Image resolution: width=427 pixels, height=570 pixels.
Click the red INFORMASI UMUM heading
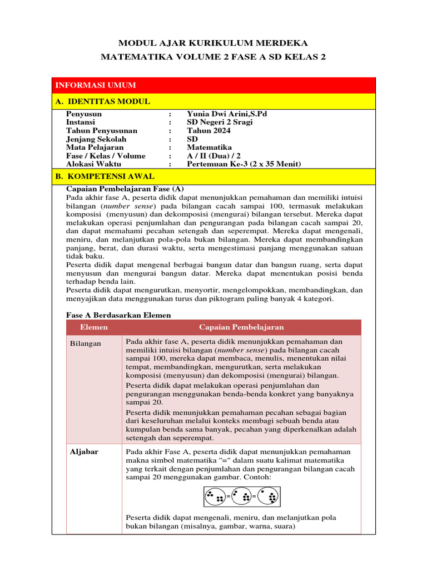(95, 85)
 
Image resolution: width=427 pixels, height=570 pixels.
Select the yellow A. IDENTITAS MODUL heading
(102, 101)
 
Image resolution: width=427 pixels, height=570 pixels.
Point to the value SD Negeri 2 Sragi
(220, 122)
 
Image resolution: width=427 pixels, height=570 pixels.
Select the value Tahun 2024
(208, 130)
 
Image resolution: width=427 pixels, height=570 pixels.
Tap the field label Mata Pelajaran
(95, 147)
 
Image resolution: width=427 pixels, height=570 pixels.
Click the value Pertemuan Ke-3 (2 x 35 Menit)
(244, 164)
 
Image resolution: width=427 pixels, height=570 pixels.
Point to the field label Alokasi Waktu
(93, 164)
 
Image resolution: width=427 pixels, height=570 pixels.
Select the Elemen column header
(93, 327)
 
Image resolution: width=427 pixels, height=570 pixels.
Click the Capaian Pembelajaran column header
(241, 327)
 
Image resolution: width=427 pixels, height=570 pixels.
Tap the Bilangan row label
(86, 343)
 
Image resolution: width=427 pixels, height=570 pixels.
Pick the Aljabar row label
(84, 451)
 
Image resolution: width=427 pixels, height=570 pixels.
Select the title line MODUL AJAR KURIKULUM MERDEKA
(213, 43)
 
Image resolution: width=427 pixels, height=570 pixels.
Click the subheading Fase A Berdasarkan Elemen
(118, 315)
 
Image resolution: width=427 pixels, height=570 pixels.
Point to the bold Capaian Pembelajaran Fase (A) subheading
(125, 188)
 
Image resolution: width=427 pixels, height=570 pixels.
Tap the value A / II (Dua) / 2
(214, 155)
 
